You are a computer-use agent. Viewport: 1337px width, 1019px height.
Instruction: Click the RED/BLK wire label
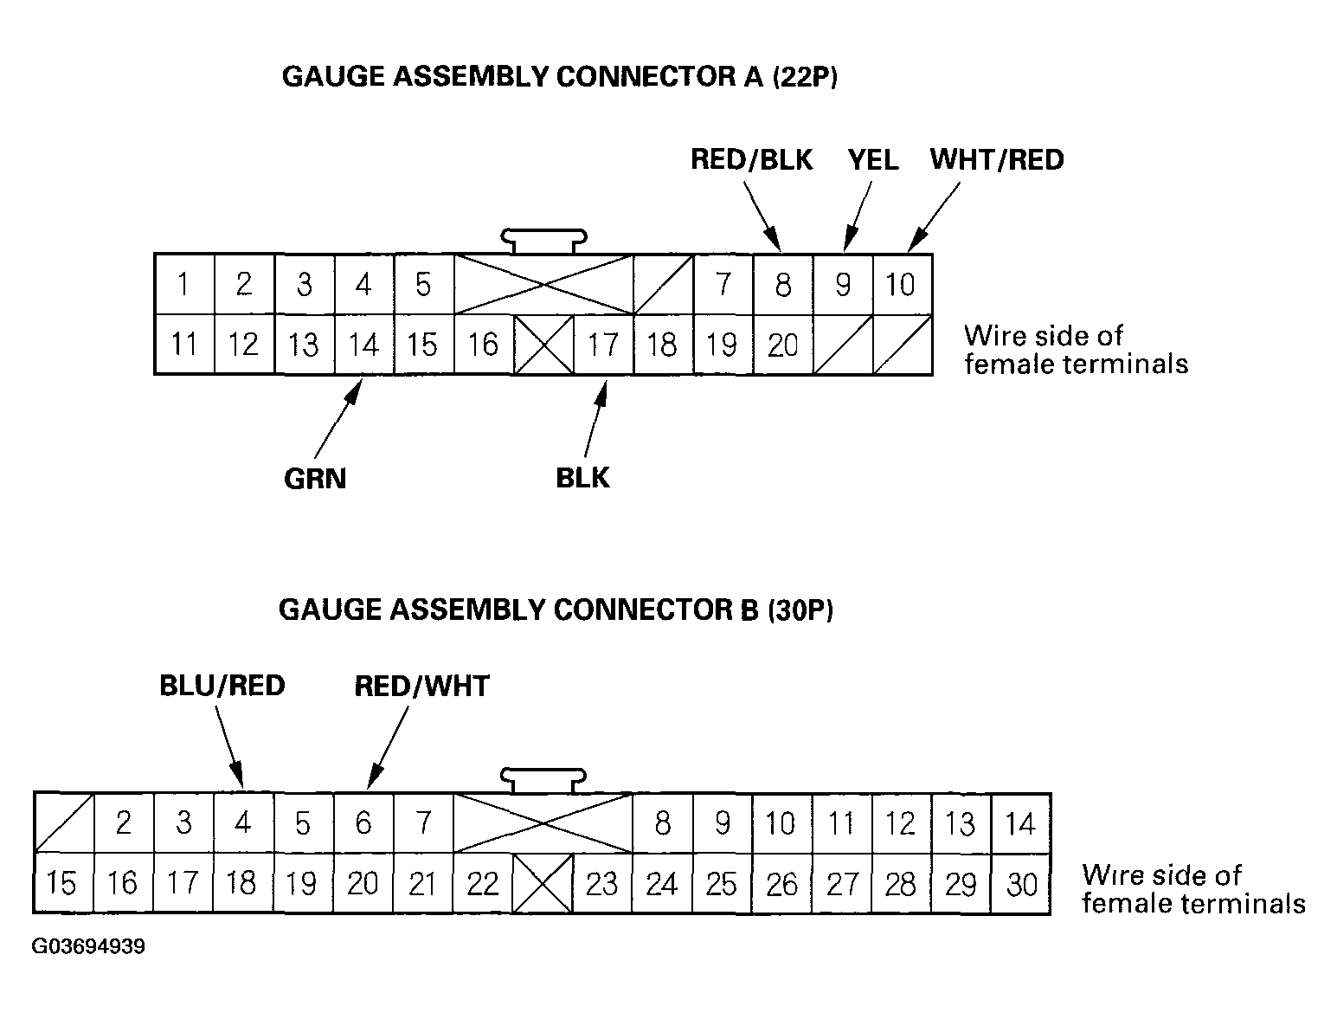point(751,160)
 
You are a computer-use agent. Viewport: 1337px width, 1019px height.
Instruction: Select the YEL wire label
point(872,160)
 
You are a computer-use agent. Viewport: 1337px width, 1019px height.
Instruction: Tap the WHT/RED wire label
point(997,160)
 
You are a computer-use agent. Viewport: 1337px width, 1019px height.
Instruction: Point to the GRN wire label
point(315,479)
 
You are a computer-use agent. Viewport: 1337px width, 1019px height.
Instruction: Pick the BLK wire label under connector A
point(582,478)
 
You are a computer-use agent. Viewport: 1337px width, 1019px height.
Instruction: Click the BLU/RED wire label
point(222,686)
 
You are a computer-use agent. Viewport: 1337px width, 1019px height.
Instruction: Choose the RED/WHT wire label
point(421,686)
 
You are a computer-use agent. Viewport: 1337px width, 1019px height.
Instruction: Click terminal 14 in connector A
point(363,345)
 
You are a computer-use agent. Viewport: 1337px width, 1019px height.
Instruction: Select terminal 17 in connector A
point(603,345)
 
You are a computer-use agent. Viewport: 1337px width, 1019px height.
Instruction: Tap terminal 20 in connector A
point(782,345)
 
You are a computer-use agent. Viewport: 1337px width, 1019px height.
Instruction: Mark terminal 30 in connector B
point(1021,884)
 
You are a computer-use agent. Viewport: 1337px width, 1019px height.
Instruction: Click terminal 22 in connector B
point(483,884)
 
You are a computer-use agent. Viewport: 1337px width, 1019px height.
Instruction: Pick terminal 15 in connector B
point(62,884)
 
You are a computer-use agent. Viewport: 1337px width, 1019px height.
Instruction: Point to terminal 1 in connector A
point(183,284)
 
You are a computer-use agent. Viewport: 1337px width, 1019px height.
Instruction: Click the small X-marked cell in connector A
point(543,345)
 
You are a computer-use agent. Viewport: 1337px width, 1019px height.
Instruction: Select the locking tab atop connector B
point(543,777)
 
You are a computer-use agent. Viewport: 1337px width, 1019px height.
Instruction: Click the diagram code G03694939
point(88,946)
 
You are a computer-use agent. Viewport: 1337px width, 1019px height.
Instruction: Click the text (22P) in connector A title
point(805,77)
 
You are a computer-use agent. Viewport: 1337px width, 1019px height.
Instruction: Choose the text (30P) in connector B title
point(800,609)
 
